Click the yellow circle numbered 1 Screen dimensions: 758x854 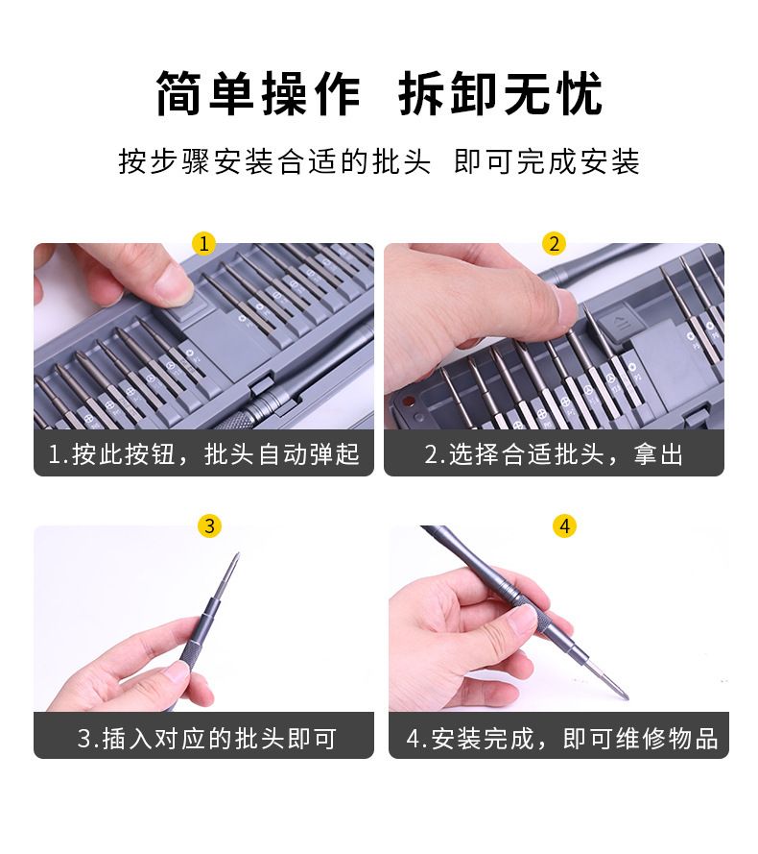[204, 243]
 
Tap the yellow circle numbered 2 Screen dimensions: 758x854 [554, 243]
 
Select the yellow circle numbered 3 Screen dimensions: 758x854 [209, 525]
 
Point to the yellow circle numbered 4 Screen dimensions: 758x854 [564, 525]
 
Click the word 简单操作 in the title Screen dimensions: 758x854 [257, 94]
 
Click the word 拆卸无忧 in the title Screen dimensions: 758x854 [501, 94]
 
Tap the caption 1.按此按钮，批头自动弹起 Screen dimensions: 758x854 [203, 454]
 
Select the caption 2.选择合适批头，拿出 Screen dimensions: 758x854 [554, 454]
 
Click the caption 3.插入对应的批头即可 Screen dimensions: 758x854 [207, 739]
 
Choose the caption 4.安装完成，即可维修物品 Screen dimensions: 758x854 [561, 739]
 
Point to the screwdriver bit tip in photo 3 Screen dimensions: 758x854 [236, 556]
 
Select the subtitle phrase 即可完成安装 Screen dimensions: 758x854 [547, 161]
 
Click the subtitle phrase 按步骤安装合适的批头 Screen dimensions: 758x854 [274, 161]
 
